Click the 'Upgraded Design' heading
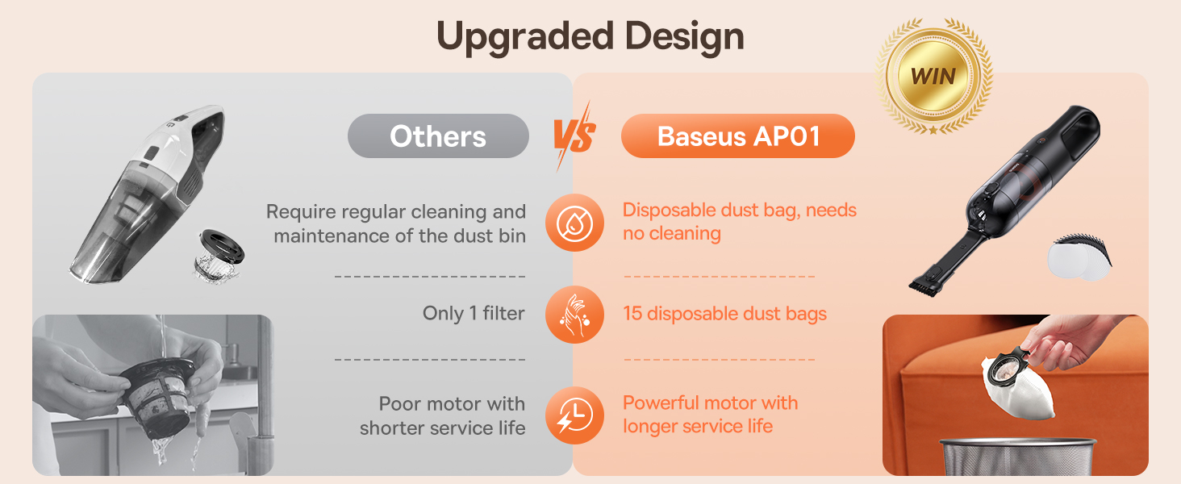590,37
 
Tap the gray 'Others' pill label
438,136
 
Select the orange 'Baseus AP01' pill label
738,136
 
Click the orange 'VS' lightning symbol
574,136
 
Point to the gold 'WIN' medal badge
933,77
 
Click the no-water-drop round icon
574,222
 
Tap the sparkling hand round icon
574,315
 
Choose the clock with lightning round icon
574,415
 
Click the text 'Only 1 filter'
474,314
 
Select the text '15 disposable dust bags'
724,314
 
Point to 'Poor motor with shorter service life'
443,415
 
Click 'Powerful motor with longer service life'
710,414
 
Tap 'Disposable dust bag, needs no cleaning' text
739,222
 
